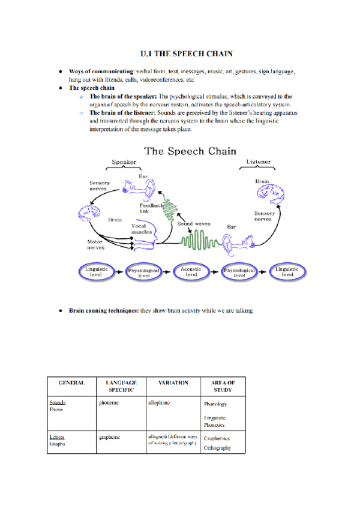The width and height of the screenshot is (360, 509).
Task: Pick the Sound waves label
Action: tap(193, 223)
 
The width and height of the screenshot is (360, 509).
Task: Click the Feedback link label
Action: tap(151, 207)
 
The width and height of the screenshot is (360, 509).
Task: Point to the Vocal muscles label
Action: tap(142, 229)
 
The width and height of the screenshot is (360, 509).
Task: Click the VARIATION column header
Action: tap(173, 382)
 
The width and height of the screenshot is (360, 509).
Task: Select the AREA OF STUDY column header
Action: tap(223, 386)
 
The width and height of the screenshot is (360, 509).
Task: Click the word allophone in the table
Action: tap(159, 402)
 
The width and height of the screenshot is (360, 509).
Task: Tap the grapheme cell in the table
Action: tap(110, 437)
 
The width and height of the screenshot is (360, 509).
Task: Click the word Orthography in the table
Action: tap(217, 448)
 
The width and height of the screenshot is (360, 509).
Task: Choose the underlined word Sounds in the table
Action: tap(58, 402)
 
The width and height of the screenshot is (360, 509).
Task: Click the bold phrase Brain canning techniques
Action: tap(103, 311)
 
